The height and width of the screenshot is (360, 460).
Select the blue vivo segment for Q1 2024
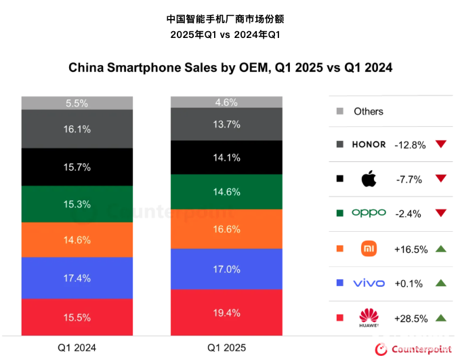pos(77,278)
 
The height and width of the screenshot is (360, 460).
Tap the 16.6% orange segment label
pos(226,229)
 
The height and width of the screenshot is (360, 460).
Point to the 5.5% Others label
pos(77,103)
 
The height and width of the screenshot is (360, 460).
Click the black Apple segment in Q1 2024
pos(77,167)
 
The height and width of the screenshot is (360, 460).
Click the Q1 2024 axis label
pos(77,348)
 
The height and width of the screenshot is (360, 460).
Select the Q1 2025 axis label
pos(226,348)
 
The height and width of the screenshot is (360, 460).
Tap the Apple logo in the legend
pos(368,180)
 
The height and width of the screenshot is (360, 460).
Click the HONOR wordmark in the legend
pos(369,144)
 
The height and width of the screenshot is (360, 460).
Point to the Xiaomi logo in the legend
pos(369,249)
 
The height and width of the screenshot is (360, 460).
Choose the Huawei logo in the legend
pos(369,317)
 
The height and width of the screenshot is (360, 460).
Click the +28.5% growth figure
pos(411,318)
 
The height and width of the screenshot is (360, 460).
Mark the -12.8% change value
pos(410,144)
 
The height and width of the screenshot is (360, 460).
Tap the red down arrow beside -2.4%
pos(441,214)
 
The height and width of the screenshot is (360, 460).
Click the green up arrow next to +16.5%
pos(441,249)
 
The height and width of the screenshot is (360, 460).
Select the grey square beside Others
pos(340,111)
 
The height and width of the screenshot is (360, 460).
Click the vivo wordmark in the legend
pos(369,283)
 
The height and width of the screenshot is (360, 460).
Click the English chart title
pos(230,68)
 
